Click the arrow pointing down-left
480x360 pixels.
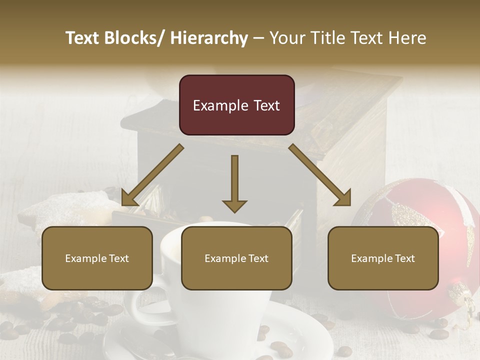(152, 175)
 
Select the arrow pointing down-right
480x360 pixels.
(320, 175)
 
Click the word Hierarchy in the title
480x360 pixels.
(209, 38)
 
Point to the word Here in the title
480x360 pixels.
(407, 38)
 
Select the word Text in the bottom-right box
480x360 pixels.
(404, 258)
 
